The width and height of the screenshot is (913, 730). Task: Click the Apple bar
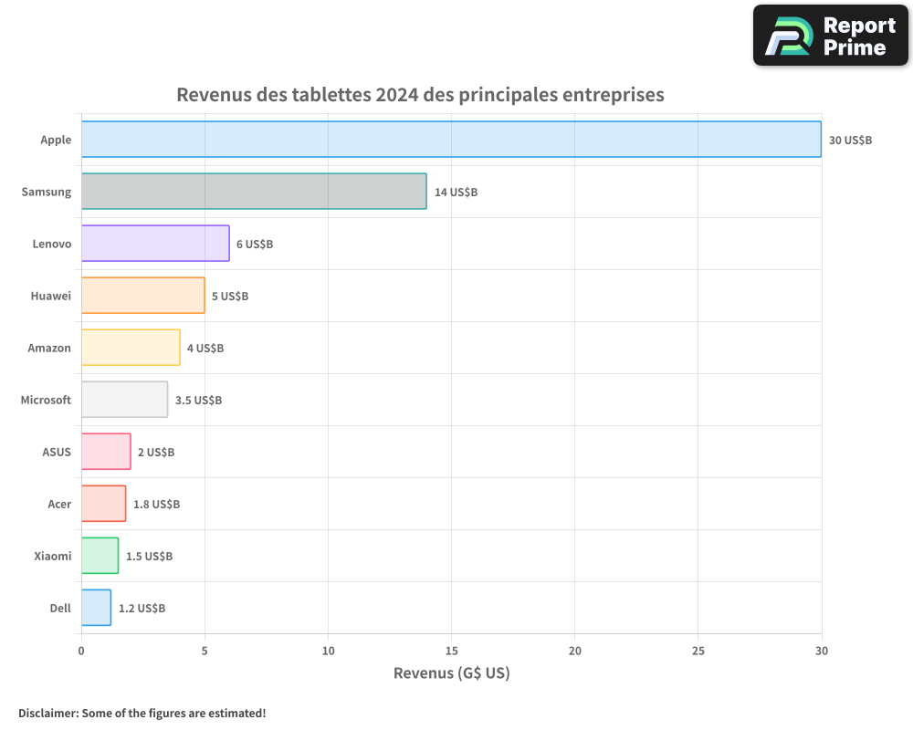pyautogui.click(x=451, y=140)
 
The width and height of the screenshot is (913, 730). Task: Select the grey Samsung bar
pyautogui.click(x=254, y=192)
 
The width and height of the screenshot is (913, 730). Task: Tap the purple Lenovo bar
pyautogui.click(x=155, y=244)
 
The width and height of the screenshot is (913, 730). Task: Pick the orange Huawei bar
pyautogui.click(x=142, y=296)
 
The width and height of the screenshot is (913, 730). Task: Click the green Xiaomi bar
pyautogui.click(x=100, y=556)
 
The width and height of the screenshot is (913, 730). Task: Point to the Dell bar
pyautogui.click(x=96, y=608)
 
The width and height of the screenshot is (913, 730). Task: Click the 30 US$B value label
pyautogui.click(x=850, y=141)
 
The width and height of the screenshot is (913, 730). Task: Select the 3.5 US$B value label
pyautogui.click(x=198, y=401)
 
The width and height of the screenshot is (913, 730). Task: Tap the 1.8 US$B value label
pyautogui.click(x=156, y=505)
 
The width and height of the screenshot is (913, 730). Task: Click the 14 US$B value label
pyautogui.click(x=456, y=193)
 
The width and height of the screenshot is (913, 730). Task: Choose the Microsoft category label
pyautogui.click(x=46, y=401)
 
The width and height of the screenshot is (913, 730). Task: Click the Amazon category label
pyautogui.click(x=49, y=349)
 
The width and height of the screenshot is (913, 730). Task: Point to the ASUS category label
pyautogui.click(x=56, y=453)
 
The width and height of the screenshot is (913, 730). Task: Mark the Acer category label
pyautogui.click(x=59, y=505)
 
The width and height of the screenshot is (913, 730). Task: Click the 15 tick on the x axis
pyautogui.click(x=451, y=651)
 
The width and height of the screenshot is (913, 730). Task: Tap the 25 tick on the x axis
pyautogui.click(x=698, y=651)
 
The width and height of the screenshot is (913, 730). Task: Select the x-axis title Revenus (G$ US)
pyautogui.click(x=451, y=673)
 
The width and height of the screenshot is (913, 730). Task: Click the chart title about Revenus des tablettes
pyautogui.click(x=420, y=95)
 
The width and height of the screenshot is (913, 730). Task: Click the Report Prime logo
pyautogui.click(x=831, y=36)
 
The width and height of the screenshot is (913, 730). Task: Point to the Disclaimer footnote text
pyautogui.click(x=142, y=713)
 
